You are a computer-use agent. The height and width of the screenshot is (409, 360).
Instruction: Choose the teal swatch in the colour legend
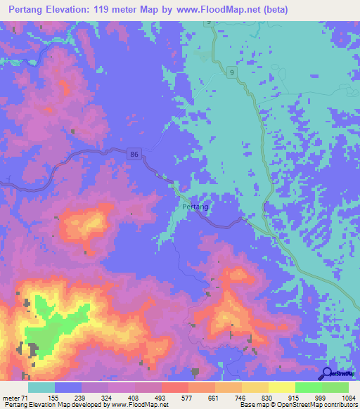41,387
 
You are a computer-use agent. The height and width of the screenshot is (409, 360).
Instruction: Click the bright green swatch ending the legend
335,387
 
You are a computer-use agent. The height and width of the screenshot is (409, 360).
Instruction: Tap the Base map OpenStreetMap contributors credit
298,405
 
